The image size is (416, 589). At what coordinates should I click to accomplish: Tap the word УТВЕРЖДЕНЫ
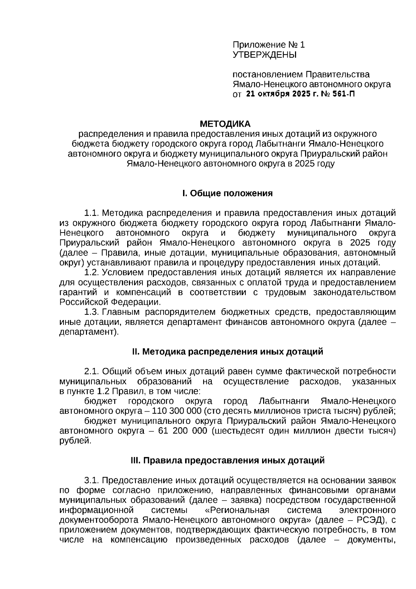pos(265,55)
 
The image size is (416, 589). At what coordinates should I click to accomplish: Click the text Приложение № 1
pos(269,45)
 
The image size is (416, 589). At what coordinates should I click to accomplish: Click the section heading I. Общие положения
pos(227,193)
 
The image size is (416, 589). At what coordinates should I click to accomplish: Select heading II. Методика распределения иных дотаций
pos(227,352)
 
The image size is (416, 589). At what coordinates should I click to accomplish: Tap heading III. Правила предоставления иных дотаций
pos(227,460)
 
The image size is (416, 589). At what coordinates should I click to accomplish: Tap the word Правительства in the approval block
pos(337,75)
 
